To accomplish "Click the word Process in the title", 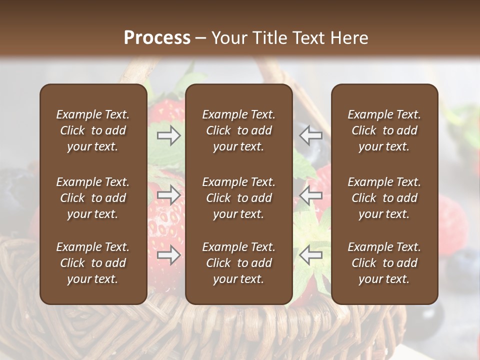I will (157, 38).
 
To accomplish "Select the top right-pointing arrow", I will (169, 135).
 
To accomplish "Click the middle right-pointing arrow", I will (169, 195).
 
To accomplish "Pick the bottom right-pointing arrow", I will (169, 255).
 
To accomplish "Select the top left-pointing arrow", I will (311, 135).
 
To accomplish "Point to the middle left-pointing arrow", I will (311, 195).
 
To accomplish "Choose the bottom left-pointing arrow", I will (311, 255).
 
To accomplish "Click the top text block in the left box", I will (93, 130).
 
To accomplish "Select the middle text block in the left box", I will (93, 198).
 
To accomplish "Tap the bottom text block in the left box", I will (93, 263).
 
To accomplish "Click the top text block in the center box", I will (239, 130).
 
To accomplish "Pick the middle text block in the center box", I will (239, 198).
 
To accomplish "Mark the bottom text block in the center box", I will (239, 263).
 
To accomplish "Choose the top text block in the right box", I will (384, 130).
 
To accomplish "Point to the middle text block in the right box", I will (384, 198).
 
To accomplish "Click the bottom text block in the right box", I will (384, 263).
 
